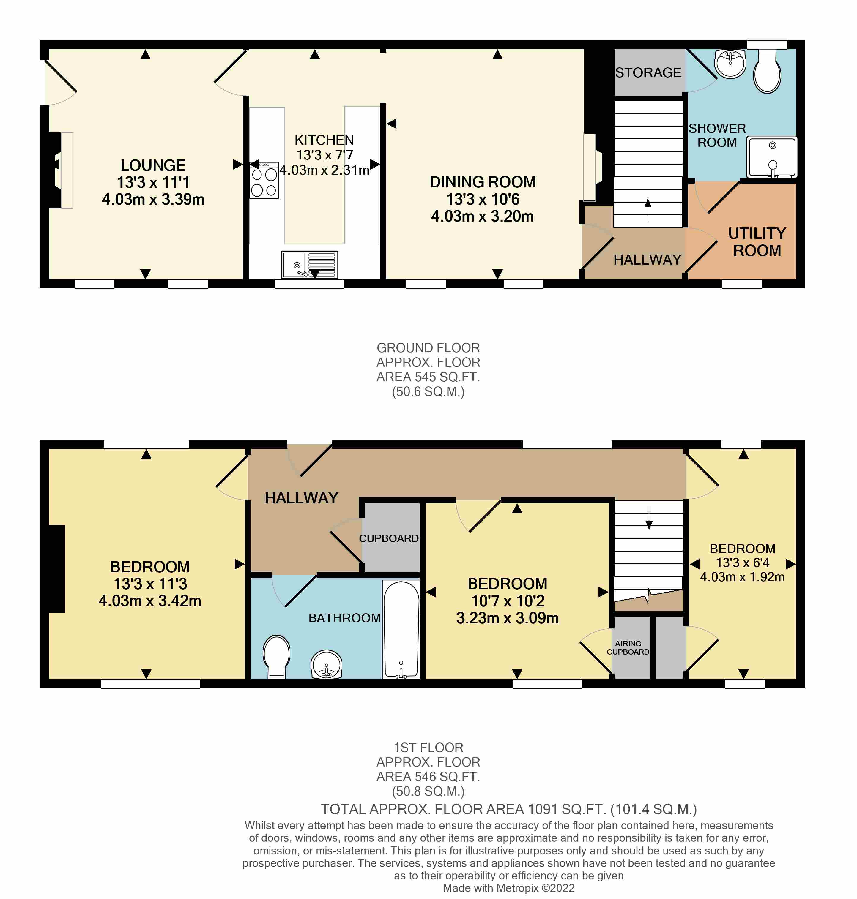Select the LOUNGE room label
(x=153, y=165)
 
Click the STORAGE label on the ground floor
(x=648, y=72)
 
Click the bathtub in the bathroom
(x=401, y=630)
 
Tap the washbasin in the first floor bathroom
(x=326, y=664)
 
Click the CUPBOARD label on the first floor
(x=389, y=538)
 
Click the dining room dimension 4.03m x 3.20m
(x=482, y=217)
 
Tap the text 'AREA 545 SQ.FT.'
(x=428, y=377)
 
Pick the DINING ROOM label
(x=482, y=182)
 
